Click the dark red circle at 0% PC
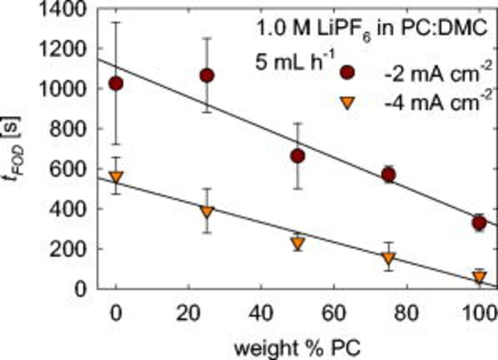point(116,83)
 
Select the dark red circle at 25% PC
point(207,76)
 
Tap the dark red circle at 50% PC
point(298,156)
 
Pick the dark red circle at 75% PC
point(389,176)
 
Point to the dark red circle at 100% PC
point(479,223)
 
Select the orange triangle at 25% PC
point(207,212)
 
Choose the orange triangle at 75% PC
point(389,258)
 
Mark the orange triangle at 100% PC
point(479,277)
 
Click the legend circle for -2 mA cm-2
point(347,73)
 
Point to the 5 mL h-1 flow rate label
point(290,62)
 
